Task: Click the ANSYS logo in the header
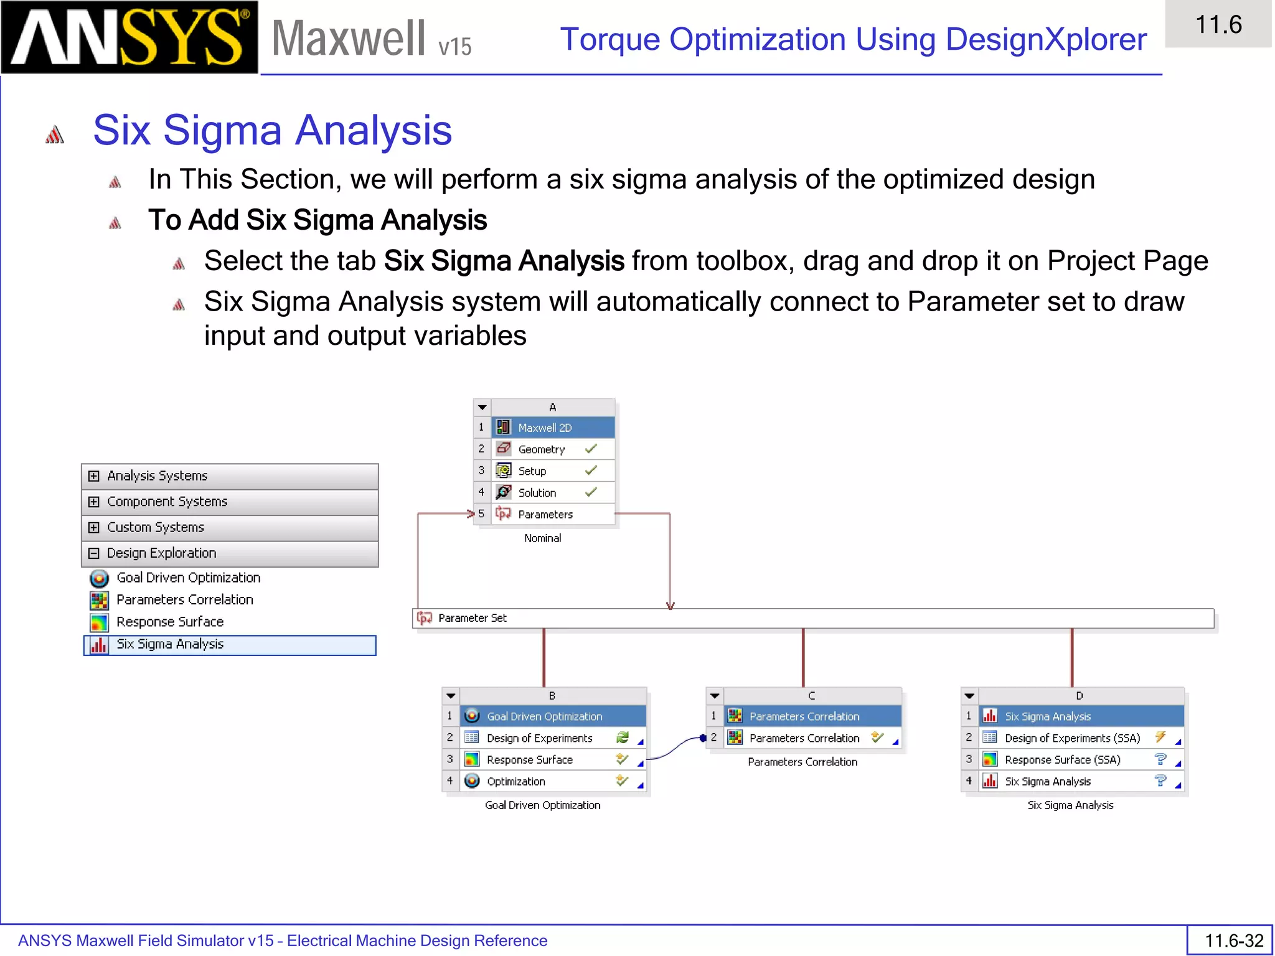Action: [x=129, y=37]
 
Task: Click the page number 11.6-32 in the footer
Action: [x=1233, y=940]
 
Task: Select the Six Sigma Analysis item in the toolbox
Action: [x=169, y=644]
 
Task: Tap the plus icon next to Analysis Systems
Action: [x=94, y=476]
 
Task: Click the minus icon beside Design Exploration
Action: [x=94, y=553]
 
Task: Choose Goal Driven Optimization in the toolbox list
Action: [x=188, y=578]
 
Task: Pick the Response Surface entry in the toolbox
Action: [x=169, y=622]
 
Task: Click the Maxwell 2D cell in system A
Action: [x=545, y=428]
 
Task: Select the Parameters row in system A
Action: [x=545, y=514]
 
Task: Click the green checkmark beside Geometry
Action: [x=591, y=449]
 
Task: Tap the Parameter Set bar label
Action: [x=472, y=618]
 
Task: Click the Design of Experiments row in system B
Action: [x=539, y=738]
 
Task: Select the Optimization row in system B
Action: [x=515, y=781]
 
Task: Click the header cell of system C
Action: [x=811, y=696]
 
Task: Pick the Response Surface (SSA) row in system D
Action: [x=1062, y=760]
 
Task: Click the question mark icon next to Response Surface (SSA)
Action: [x=1160, y=759]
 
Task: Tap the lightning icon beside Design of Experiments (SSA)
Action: [x=1160, y=738]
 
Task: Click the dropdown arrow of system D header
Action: [x=969, y=696]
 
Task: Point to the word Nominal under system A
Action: [x=542, y=538]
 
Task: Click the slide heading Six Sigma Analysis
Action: [x=272, y=131]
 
